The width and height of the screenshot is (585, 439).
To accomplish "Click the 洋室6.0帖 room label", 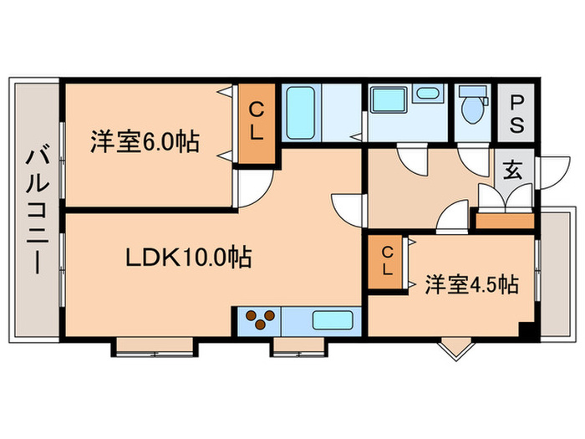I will click(x=145, y=142).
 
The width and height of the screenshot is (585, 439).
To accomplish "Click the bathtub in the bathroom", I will click(x=300, y=113).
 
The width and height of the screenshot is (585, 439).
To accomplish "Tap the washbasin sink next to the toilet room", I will click(x=429, y=94).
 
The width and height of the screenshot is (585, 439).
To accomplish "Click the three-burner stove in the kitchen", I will click(x=260, y=319).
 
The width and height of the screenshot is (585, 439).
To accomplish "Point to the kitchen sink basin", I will click(x=333, y=319).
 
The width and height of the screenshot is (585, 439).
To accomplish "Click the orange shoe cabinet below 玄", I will click(x=505, y=222).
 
